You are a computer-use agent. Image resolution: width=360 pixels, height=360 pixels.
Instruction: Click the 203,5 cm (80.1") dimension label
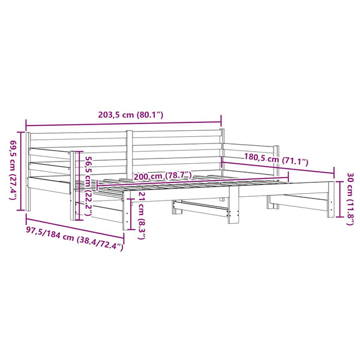pyautogui.click(x=130, y=115)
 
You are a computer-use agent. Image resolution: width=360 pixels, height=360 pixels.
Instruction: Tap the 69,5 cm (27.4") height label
pyautogui.click(x=13, y=170)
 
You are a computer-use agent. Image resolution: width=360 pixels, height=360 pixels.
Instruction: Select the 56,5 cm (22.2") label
pyautogui.click(x=88, y=186)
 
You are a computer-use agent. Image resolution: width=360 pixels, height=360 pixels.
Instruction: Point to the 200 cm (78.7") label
pyautogui.click(x=163, y=176)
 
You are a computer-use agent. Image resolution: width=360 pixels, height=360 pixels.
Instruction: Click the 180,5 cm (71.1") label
pyautogui.click(x=276, y=159)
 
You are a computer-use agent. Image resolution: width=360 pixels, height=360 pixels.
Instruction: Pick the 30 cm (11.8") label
pyautogui.click(x=350, y=199)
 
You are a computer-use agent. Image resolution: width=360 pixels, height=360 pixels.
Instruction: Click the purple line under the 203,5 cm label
pyautogui.click(x=124, y=124)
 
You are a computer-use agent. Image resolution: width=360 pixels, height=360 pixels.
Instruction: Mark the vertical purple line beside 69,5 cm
pyautogui.click(x=22, y=171)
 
